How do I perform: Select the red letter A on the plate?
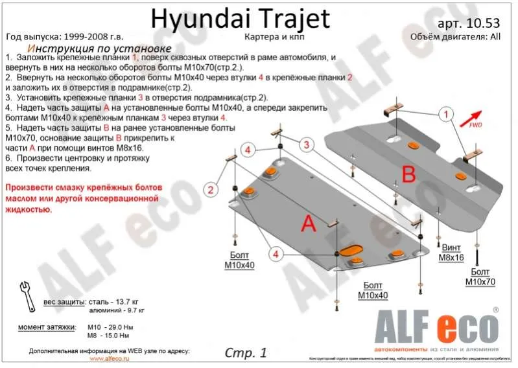[x=309, y=224]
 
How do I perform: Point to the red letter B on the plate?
[x=408, y=174]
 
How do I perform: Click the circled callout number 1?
[x=445, y=116]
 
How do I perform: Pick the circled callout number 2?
[x=210, y=189]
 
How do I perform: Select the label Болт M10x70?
[x=480, y=277]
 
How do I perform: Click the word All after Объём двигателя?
[x=495, y=37]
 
